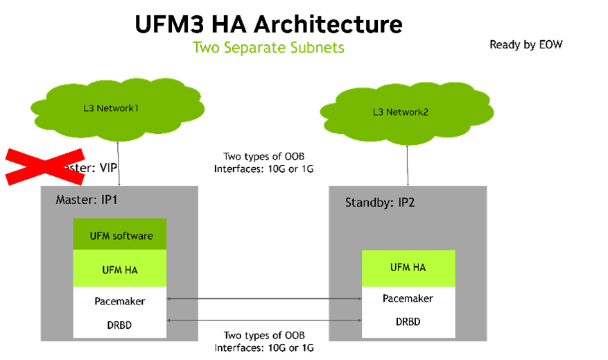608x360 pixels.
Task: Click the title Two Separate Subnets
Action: click(x=268, y=47)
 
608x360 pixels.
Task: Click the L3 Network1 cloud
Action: click(x=117, y=109)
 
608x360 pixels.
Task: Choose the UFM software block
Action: click(x=121, y=235)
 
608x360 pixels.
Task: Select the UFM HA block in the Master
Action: click(x=121, y=269)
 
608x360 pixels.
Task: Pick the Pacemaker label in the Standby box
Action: click(x=408, y=298)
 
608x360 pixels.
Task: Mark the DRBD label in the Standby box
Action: click(x=408, y=322)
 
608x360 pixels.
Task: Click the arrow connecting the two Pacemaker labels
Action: click(x=264, y=300)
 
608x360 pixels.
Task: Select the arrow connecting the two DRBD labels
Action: click(x=264, y=320)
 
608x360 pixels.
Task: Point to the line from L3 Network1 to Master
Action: click(x=120, y=164)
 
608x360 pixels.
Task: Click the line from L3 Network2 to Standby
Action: click(x=406, y=164)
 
